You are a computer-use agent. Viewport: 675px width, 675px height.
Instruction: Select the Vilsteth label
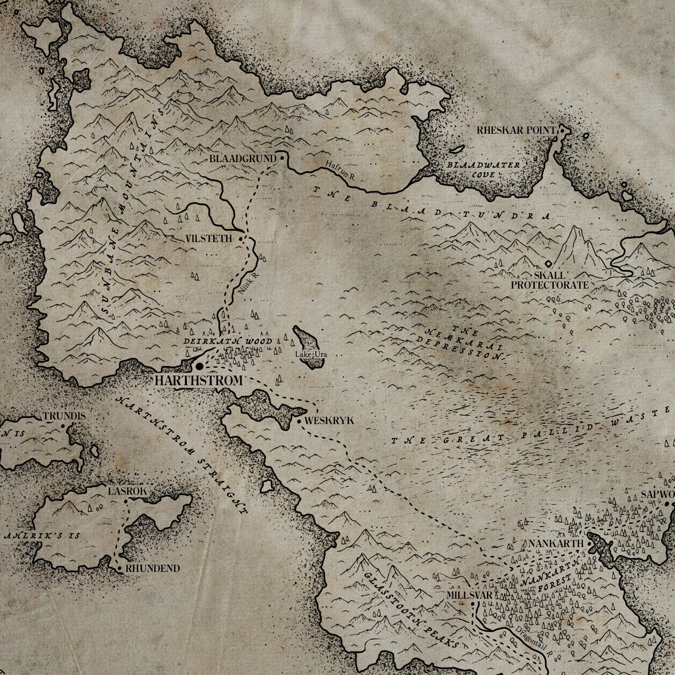pos(209,239)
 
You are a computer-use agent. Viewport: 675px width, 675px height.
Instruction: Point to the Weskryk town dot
pos(299,422)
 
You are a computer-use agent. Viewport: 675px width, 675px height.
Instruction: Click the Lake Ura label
pos(311,355)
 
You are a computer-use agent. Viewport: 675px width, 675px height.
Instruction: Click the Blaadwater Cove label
pos(484,169)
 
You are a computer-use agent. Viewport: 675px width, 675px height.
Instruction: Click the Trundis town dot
pos(62,426)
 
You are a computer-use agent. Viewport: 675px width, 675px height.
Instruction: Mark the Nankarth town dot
pos(589,544)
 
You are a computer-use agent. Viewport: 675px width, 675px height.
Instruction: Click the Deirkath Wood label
pos(228,341)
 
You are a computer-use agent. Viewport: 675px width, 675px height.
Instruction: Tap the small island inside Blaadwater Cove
pos(457,150)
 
